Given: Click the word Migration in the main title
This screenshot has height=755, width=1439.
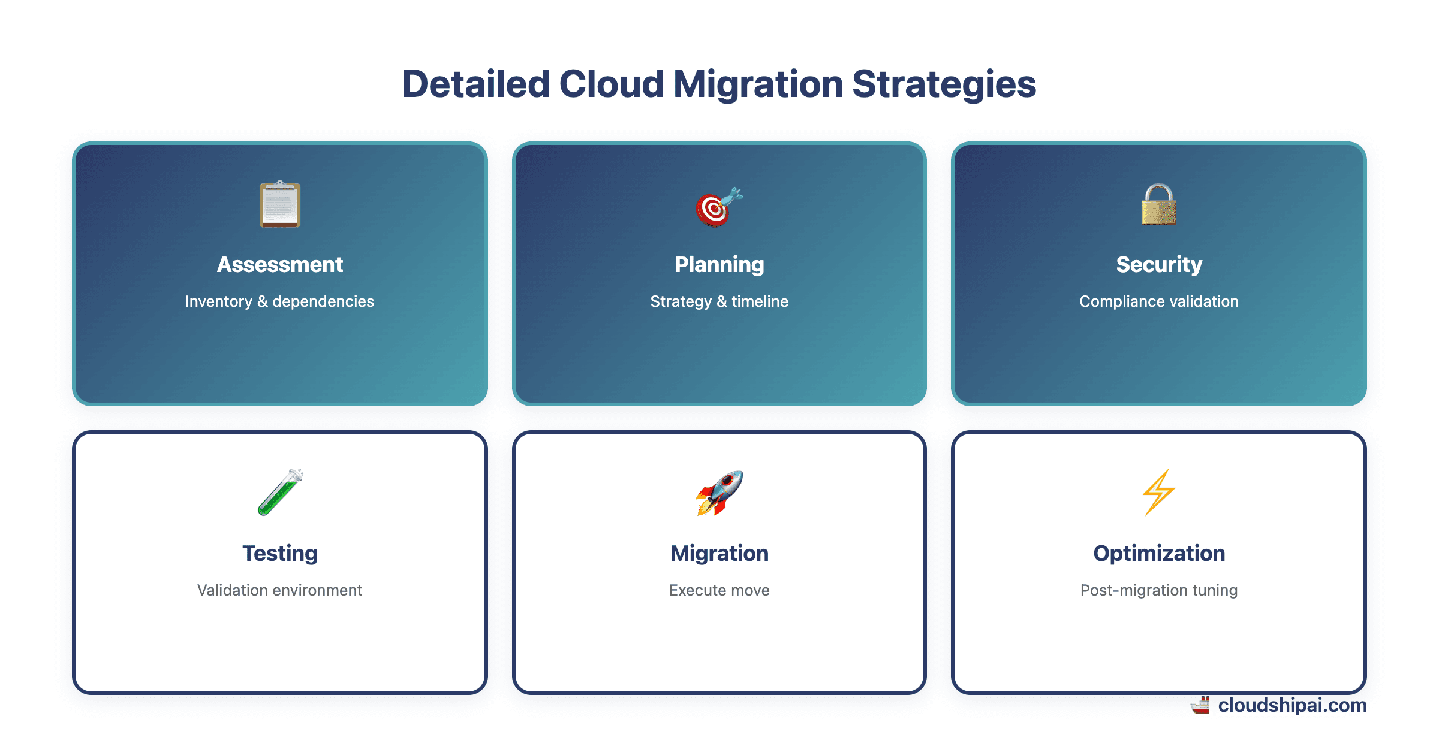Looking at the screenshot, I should click(758, 84).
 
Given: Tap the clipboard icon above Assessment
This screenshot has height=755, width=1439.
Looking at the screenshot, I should click(280, 204).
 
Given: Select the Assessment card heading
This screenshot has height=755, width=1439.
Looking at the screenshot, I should click(280, 264).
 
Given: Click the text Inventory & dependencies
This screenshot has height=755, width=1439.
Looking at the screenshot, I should click(279, 301).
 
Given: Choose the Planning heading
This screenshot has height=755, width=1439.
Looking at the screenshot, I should click(719, 264).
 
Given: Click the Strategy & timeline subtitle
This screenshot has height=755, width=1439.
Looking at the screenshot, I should click(719, 301).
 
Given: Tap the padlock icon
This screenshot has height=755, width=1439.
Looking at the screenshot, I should click(1158, 205).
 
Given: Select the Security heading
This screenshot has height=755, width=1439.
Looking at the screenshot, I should click(1159, 264).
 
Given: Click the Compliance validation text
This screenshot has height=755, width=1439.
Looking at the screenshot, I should click(1158, 301).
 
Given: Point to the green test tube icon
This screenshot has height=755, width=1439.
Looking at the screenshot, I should click(280, 493).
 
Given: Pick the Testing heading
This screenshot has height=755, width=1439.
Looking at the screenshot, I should click(280, 553).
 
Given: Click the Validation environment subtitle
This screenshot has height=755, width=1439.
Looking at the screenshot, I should click(279, 590).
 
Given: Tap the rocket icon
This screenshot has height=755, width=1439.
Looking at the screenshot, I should click(719, 493).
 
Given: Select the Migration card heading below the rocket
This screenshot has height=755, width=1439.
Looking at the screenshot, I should click(719, 553).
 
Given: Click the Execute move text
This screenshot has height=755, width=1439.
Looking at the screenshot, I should click(719, 590).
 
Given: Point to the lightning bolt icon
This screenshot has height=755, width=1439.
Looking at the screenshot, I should click(1158, 493).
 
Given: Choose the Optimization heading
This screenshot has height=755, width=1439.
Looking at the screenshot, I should click(1159, 553).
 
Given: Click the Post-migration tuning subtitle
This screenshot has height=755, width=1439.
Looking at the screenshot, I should click(1158, 590).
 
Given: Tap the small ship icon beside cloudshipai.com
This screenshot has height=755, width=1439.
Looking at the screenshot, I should click(1200, 705).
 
